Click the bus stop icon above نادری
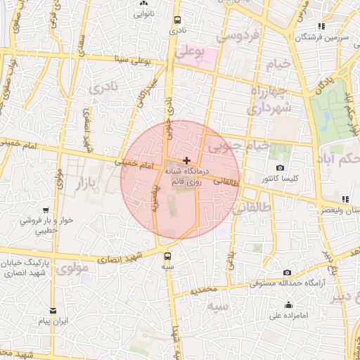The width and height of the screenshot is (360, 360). [x=177, y=20]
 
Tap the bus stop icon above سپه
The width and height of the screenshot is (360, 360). [x=167, y=256]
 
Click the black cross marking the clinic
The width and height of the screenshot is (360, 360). [x=186, y=161]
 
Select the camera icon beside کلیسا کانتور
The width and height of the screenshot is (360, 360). [x=280, y=168]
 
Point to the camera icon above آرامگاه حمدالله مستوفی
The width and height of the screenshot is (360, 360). [x=287, y=272]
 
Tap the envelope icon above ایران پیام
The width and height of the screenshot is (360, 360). [x=53, y=310]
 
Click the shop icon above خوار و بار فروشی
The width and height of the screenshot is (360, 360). [x=46, y=210]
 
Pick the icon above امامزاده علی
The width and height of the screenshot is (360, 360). [x=288, y=304]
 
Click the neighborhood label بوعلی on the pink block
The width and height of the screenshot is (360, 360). [x=190, y=51]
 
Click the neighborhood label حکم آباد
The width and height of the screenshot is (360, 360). [x=339, y=154]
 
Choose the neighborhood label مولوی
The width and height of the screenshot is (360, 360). [x=72, y=269]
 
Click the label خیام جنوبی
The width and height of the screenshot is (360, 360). [x=241, y=146]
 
